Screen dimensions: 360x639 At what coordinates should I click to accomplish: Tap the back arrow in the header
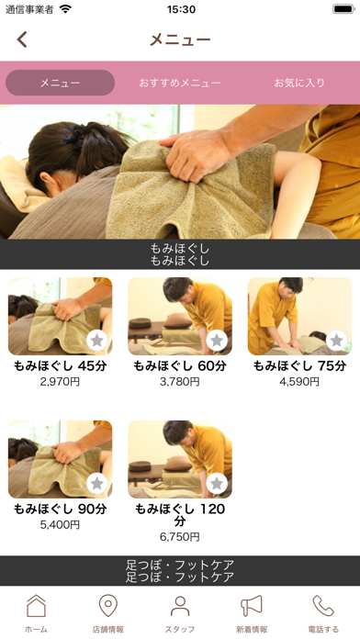coord(22,39)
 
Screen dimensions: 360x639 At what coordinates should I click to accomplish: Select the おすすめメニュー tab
coord(179,83)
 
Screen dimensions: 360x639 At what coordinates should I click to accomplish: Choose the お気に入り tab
coord(299,83)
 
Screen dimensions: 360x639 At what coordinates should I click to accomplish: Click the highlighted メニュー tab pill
coord(60,83)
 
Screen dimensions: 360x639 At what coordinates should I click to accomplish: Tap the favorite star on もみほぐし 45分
coord(97,341)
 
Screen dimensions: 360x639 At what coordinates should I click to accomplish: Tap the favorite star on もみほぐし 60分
coord(217,341)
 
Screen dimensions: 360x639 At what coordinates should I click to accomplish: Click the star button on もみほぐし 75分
coord(337,341)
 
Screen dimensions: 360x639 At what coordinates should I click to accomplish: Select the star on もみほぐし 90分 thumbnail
coord(97,483)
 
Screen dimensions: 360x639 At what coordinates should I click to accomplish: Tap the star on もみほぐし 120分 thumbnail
coord(217,483)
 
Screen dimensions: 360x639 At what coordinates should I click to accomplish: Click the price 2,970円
coord(60,382)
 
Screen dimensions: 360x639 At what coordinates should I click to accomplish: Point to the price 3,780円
coord(180,382)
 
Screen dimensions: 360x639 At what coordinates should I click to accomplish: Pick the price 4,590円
coord(299,382)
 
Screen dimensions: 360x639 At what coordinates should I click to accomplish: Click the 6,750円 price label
coord(180,537)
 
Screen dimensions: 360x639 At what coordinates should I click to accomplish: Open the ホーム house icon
coord(36,606)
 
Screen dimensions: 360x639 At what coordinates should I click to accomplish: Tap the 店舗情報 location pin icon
coord(108,606)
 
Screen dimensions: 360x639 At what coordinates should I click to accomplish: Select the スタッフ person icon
coord(180,606)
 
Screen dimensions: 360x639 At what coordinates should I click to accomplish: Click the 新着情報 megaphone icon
coord(252,606)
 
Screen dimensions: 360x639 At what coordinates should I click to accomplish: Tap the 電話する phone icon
coord(323,606)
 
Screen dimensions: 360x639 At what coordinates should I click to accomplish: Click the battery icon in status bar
coord(343,9)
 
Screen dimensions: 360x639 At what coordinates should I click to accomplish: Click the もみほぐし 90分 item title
coord(60,509)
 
